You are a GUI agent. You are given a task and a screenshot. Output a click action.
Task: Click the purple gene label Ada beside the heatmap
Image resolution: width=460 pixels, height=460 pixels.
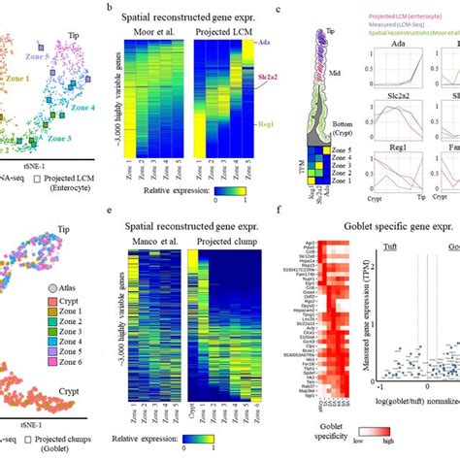coord(265,43)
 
